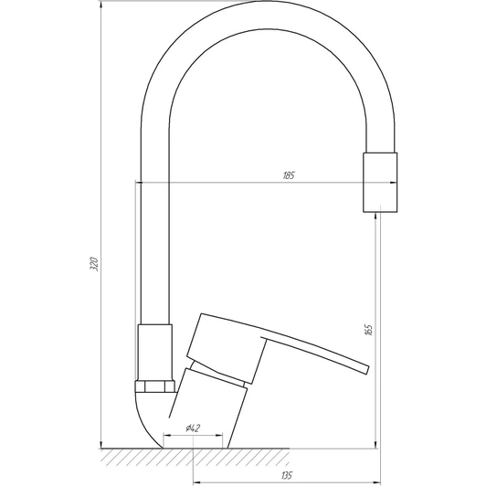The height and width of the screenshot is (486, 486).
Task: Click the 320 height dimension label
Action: coord(94,264)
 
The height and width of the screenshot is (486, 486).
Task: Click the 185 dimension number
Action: coord(289,175)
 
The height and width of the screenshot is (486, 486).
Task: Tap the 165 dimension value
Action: coord(368,330)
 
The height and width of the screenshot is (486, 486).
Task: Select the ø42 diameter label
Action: coord(193,428)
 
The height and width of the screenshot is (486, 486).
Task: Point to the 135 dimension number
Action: coord(287,475)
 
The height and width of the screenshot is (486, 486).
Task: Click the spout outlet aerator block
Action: coord(380,183)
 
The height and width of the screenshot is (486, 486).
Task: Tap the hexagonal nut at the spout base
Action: coord(155,386)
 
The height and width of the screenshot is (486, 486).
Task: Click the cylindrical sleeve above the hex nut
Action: coord(155,353)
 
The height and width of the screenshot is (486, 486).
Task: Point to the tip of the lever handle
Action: coord(368,370)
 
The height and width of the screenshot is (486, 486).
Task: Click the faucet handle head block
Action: coord(227,348)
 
